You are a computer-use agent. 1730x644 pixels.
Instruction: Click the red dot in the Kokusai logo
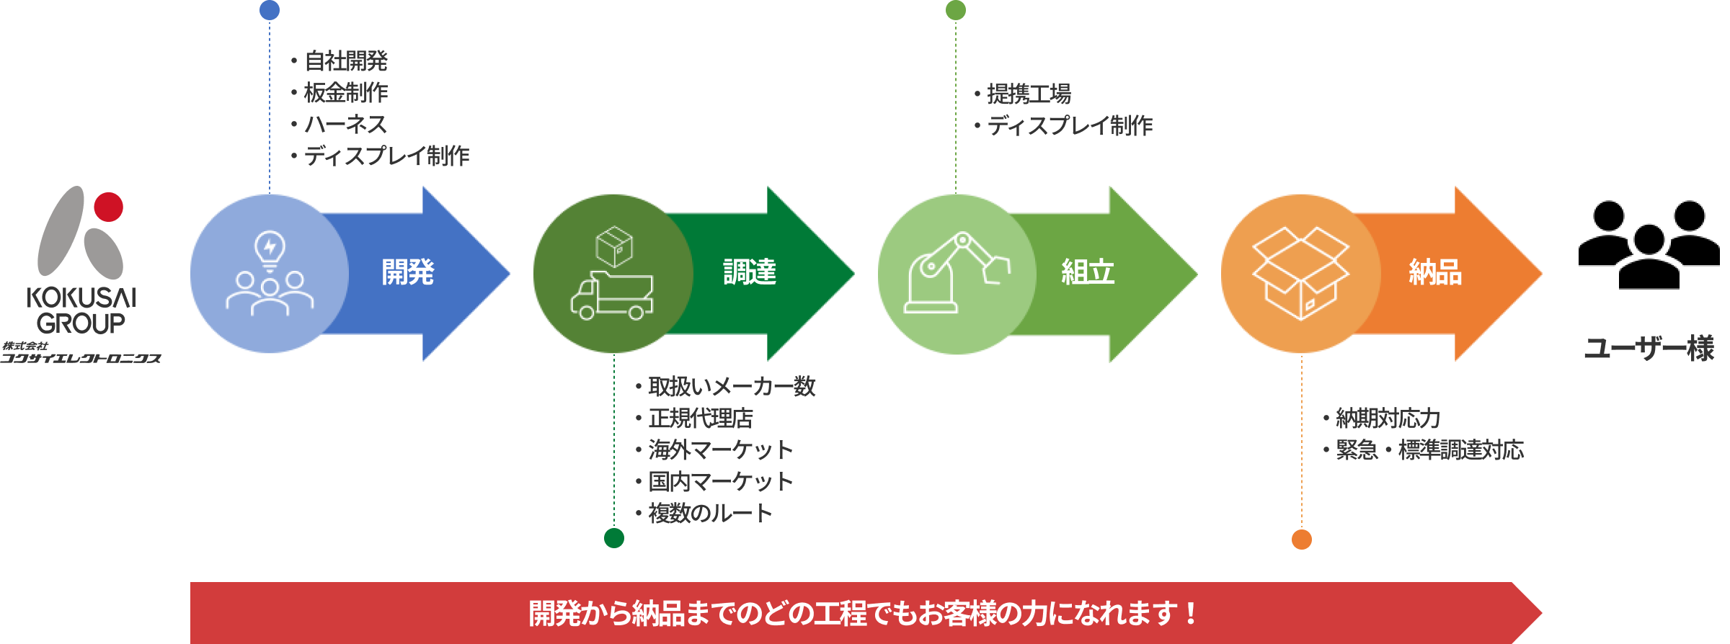pyautogui.click(x=108, y=207)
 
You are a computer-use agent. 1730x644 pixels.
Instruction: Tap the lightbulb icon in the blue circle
pyautogui.click(x=270, y=249)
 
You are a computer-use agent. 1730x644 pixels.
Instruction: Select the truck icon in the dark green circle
pyautogui.click(x=612, y=295)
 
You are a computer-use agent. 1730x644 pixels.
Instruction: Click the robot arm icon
pyautogui.click(x=956, y=273)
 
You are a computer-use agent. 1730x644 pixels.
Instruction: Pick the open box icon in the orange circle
pyautogui.click(x=1300, y=273)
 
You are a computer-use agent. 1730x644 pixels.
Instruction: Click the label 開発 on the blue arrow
pyautogui.click(x=408, y=272)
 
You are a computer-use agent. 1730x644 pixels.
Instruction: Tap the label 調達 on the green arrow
pyautogui.click(x=750, y=272)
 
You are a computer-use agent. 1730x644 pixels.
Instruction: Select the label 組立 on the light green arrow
pyautogui.click(x=1088, y=272)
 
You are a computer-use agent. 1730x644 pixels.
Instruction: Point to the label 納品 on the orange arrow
pyautogui.click(x=1435, y=272)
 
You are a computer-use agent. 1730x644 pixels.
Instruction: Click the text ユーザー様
pyautogui.click(x=1649, y=349)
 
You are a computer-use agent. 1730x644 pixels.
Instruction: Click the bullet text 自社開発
pyautogui.click(x=346, y=61)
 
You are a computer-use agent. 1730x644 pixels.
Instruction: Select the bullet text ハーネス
pyautogui.click(x=346, y=125)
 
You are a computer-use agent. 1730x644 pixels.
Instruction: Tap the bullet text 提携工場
pyautogui.click(x=1029, y=94)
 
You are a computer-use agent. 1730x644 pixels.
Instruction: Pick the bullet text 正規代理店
pyautogui.click(x=700, y=419)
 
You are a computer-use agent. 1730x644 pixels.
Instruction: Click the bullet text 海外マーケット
pyautogui.click(x=720, y=450)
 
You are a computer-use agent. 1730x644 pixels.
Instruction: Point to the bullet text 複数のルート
pyautogui.click(x=710, y=514)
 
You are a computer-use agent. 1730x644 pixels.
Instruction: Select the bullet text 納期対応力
pyautogui.click(x=1388, y=419)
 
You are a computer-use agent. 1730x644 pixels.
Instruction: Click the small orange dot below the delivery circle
pyautogui.click(x=1301, y=540)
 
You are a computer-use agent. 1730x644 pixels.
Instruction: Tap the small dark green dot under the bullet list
pyautogui.click(x=614, y=538)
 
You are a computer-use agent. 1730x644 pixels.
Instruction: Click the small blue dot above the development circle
pyautogui.click(x=269, y=10)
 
